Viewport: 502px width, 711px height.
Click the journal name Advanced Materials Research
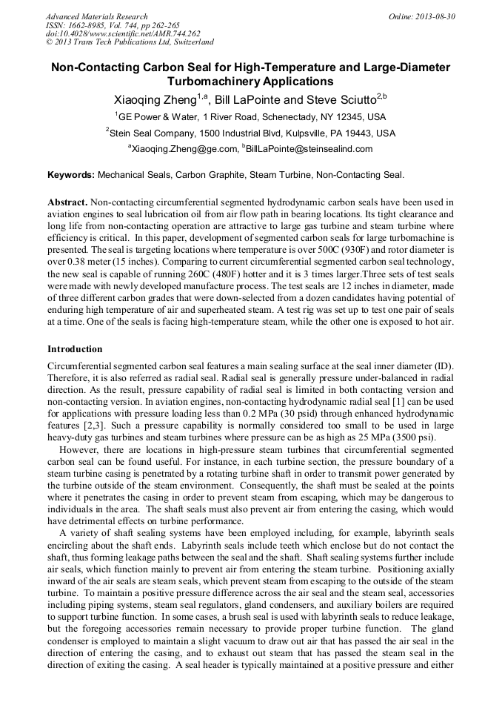[x=96, y=16]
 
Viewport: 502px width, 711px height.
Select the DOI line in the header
[x=123, y=33]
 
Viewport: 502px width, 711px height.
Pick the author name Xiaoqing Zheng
[x=155, y=99]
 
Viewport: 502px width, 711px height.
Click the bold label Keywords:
[x=71, y=175]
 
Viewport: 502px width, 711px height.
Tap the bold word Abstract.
[x=67, y=202]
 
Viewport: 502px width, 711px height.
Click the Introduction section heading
[x=75, y=348]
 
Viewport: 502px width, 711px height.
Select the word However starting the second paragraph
[x=79, y=449]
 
